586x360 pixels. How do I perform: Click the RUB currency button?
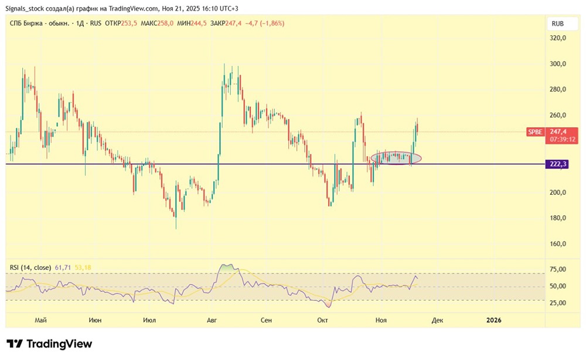pos(557,24)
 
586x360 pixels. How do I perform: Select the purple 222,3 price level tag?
pos(558,165)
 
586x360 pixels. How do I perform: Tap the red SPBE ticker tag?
pos(535,133)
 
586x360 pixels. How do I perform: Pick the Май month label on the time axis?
pos(40,320)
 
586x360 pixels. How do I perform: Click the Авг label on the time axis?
pos(212,320)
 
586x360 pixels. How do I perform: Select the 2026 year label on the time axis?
pos(494,320)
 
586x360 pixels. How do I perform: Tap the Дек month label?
pos(437,320)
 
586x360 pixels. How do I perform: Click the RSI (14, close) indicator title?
pos(30,267)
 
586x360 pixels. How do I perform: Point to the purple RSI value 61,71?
pos(62,267)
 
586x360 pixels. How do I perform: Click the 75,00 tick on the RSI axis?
pos(557,270)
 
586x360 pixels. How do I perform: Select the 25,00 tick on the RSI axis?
pos(557,303)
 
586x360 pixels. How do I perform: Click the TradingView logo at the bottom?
pos(49,344)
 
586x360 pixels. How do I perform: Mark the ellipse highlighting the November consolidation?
pos(396,158)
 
